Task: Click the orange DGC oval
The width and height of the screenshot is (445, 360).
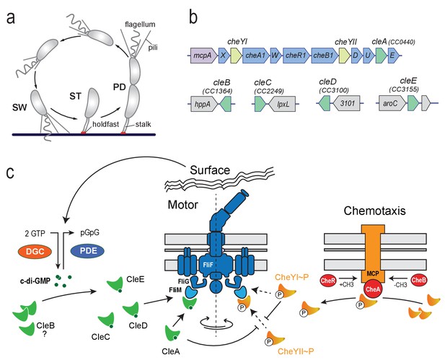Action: tap(35, 251)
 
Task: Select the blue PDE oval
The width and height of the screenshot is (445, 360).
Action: tap(87, 250)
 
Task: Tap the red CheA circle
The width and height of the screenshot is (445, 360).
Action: tap(372, 289)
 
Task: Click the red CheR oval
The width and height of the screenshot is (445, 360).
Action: tap(329, 281)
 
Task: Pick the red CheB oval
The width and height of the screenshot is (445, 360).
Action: tap(418, 280)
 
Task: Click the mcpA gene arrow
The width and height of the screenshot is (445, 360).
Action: tap(203, 55)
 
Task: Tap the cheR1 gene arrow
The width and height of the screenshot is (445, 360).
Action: tap(296, 55)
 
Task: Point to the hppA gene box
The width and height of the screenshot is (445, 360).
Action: tap(204, 104)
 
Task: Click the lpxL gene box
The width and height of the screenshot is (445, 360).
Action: tap(282, 104)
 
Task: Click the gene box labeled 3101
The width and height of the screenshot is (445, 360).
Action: tap(346, 103)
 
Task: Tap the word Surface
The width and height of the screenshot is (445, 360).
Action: tap(210, 170)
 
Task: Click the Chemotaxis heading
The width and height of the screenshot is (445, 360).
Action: tap(374, 211)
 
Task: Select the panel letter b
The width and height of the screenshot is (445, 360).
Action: tap(193, 18)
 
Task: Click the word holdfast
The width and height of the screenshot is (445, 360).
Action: tap(105, 124)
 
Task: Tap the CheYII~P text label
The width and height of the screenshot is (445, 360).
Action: tap(296, 351)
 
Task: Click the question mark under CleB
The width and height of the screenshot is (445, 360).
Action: tap(44, 335)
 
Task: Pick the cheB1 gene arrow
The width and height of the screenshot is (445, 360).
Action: tap(324, 55)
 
